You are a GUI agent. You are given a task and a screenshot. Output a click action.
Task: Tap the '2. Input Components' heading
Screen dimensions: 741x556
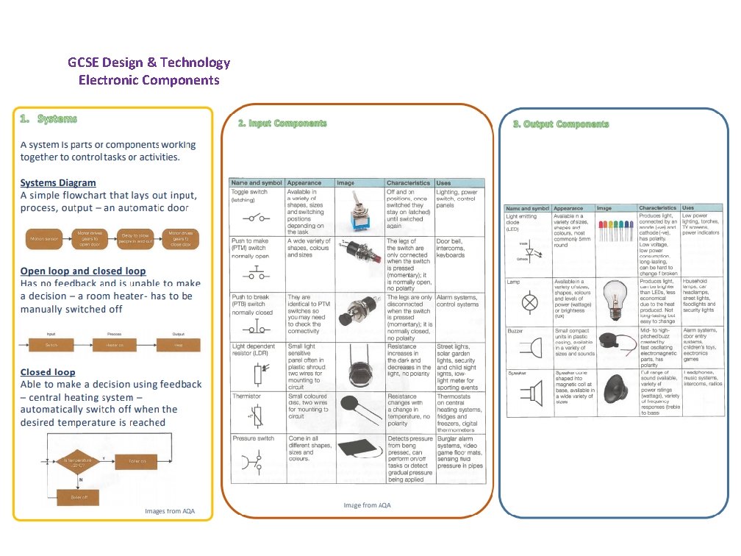pos(282,123)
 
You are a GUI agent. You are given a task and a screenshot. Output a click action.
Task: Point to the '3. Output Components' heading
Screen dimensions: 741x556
pos(561,124)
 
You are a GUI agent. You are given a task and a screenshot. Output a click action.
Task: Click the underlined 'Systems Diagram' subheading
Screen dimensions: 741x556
pos(57,182)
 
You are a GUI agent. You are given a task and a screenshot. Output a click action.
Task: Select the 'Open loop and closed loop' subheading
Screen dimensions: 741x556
pos(82,271)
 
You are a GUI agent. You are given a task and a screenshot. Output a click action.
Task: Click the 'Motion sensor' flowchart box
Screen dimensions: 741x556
pos(46,238)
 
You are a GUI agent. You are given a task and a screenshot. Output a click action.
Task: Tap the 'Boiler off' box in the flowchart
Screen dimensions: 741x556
pos(79,496)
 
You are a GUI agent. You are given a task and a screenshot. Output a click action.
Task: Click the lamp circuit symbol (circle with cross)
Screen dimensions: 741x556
pos(527,303)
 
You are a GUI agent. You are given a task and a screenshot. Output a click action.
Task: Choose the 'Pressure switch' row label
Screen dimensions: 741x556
pos(253,438)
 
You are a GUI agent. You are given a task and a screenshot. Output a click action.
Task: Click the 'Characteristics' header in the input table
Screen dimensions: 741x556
pos(408,182)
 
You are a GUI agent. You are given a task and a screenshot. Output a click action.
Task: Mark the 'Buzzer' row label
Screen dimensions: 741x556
pos(515,331)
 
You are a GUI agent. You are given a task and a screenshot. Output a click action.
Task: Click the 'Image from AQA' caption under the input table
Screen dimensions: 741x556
pos(367,505)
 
